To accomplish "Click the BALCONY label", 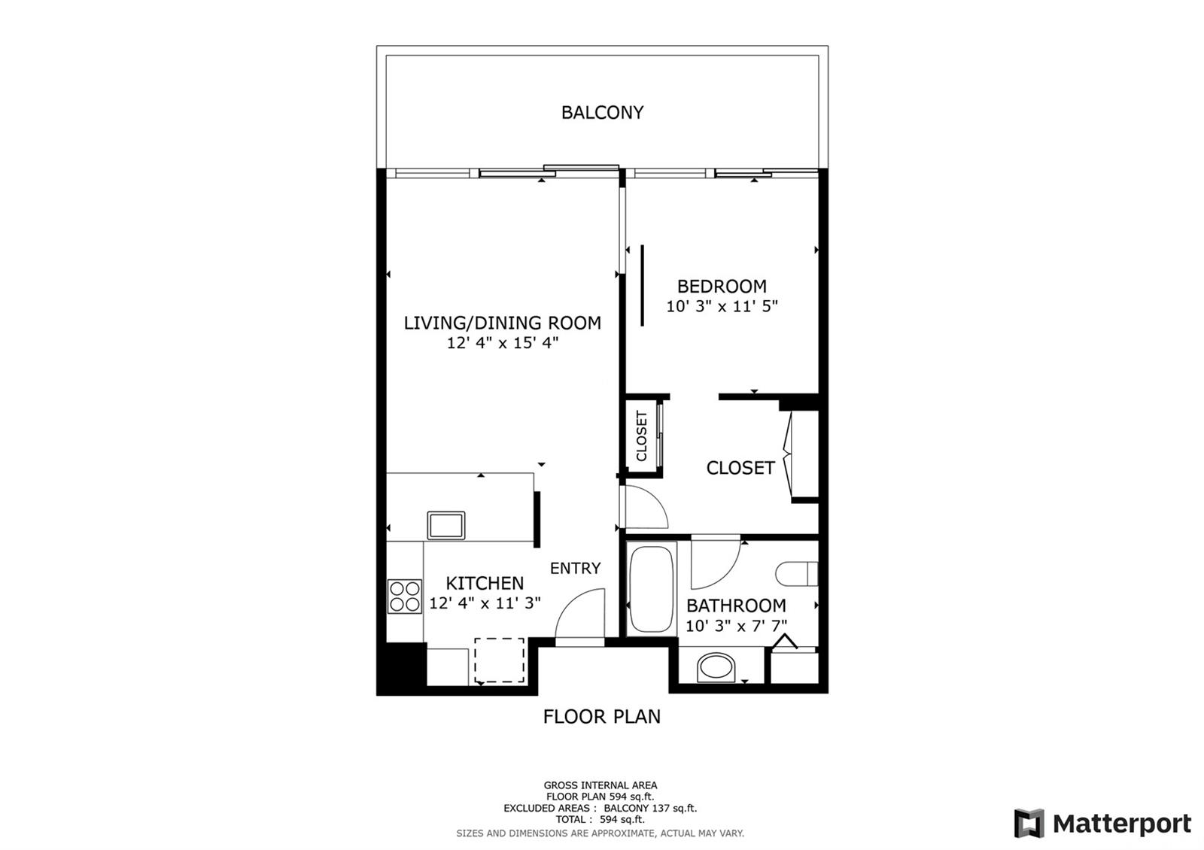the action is coord(602,112).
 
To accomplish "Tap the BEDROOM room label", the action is coord(722,287).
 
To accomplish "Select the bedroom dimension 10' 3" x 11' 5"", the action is coord(722,306).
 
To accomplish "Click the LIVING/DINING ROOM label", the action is coord(502,323).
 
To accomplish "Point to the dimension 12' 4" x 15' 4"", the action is coord(503,343).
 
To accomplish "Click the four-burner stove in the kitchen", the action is coord(405,597).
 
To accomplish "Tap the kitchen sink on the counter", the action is coord(446,525).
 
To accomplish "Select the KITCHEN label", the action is coord(485,583).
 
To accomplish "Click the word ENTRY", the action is coord(575,568).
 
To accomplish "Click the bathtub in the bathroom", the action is coord(652,589).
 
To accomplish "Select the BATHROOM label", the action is coord(736,606).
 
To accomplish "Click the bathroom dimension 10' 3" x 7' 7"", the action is coord(736,626).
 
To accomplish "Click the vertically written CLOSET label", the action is coord(641,436).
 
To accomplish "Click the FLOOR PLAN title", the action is coord(601,716).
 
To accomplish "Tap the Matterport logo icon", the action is coord(1029,823).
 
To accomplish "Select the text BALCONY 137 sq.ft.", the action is coord(650,808).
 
